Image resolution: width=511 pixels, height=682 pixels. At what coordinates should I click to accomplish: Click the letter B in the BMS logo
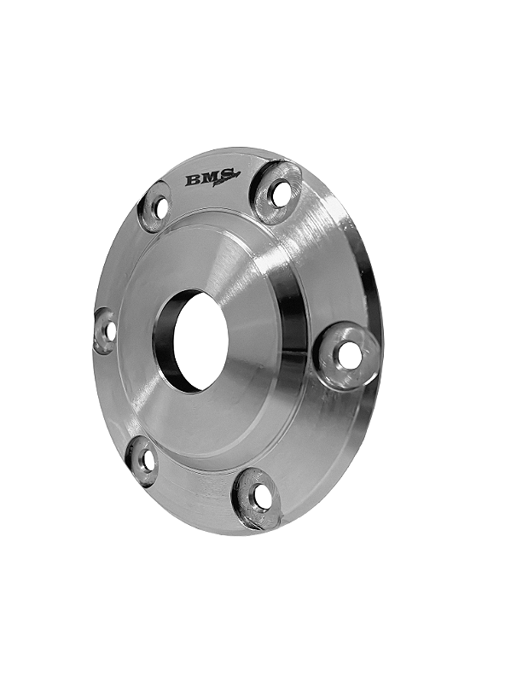[193, 180]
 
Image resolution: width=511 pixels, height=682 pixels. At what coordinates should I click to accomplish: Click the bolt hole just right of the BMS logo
[279, 193]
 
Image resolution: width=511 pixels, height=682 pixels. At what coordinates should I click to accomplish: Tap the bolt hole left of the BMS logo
[159, 206]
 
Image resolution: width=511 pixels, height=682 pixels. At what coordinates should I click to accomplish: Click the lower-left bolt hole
[147, 460]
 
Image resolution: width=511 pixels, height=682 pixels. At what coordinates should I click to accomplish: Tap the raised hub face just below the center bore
[205, 418]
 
